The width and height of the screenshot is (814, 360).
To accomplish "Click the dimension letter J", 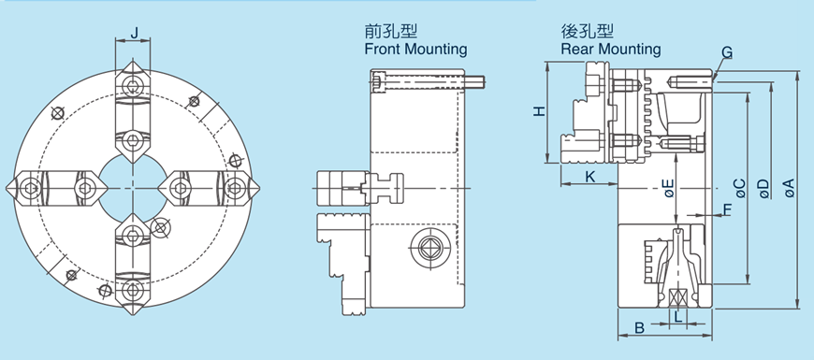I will [x=136, y=34].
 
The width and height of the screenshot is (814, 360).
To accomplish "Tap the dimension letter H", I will [x=539, y=111].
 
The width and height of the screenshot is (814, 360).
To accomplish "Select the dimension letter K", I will [x=589, y=176].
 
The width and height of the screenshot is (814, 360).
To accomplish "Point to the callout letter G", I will [x=727, y=51].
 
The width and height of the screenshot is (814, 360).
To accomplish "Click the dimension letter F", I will [x=727, y=209].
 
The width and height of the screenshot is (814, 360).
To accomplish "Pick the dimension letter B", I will [x=639, y=328].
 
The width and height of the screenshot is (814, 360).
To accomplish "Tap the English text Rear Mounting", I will [x=610, y=49].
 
